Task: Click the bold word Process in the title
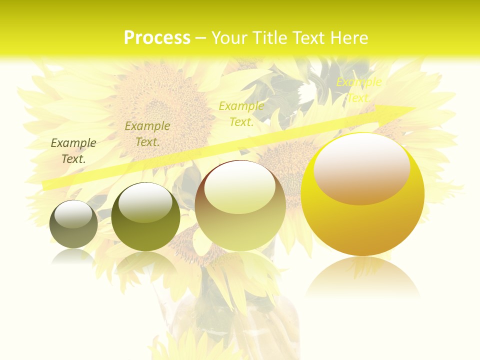pos(157,38)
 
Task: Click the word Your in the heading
pos(229,38)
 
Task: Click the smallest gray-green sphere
pos(73,224)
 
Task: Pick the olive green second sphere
pos(145,217)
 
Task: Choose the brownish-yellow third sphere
pos(240,206)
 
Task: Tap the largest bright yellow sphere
pos(362,195)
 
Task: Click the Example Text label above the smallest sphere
pos(73,151)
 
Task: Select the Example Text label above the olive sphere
pos(147,134)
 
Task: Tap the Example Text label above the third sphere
pos(241,114)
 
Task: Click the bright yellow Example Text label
pos(358,90)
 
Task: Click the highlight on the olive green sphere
pos(145,202)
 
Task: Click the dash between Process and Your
pos(201,38)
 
